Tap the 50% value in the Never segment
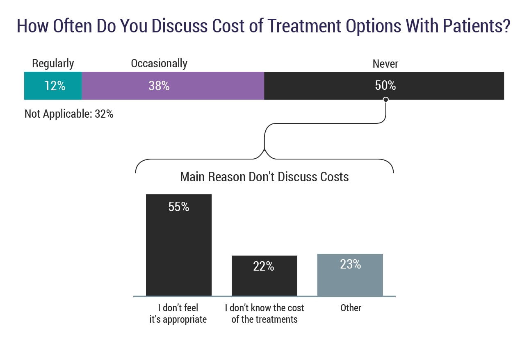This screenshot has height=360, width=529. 385,85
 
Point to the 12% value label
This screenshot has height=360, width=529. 55,86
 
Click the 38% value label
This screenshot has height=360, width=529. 159,86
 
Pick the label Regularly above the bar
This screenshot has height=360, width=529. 53,64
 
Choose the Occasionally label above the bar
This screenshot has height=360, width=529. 159,64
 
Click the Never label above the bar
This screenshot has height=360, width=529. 385,64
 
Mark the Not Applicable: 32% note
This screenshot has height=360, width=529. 69,114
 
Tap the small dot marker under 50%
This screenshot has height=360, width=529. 385,99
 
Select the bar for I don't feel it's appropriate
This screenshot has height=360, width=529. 179,254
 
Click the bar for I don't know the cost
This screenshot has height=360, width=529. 264,283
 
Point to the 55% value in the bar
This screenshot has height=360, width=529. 179,207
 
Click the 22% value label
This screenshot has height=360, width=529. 264,267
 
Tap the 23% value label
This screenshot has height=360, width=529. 351,264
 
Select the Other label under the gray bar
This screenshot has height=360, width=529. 351,308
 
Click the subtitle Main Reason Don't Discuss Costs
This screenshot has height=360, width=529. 264,177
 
